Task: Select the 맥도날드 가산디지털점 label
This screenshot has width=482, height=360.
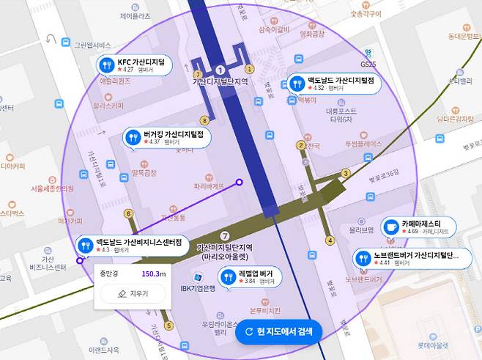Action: coord(330,84)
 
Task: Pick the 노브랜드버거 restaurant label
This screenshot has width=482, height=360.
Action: coord(404,258)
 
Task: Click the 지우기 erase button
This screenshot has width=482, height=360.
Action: coord(133,293)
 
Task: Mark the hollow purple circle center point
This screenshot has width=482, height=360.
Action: coord(239,182)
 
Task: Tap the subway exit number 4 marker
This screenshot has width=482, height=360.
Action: coord(330,240)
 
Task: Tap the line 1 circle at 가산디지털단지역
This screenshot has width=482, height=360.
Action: coord(220,70)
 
